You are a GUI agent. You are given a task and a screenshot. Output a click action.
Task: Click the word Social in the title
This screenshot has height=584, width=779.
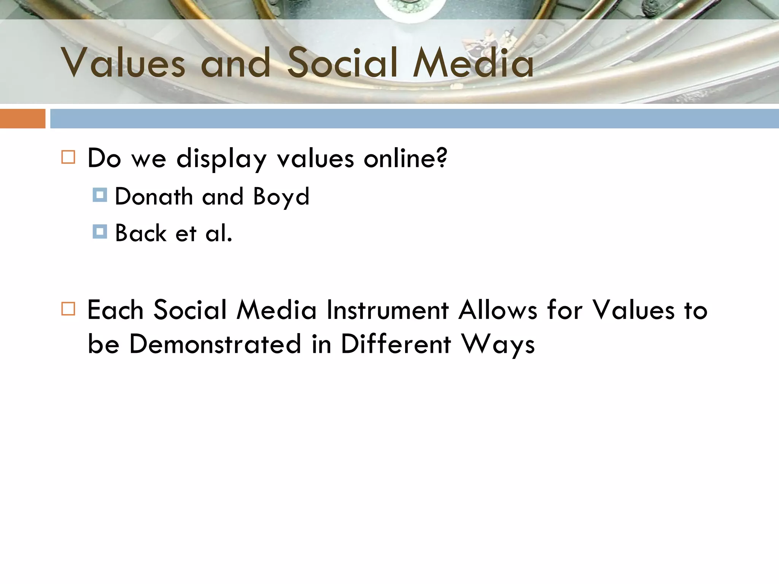pyautogui.click(x=342, y=63)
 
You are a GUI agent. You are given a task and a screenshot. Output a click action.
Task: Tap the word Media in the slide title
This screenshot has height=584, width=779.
pyautogui.click(x=474, y=63)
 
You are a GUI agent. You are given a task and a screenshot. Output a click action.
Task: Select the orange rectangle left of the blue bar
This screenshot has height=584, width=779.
pyautogui.click(x=22, y=119)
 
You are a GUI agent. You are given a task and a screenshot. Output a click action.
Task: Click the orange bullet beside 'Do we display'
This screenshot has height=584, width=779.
pyautogui.click(x=68, y=157)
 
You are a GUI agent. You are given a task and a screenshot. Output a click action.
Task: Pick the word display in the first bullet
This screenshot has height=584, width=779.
pyautogui.click(x=221, y=159)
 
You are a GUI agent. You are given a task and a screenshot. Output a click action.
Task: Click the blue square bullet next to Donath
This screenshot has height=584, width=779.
pyautogui.click(x=100, y=195)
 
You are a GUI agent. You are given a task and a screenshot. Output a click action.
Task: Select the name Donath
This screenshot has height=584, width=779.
pyautogui.click(x=154, y=197)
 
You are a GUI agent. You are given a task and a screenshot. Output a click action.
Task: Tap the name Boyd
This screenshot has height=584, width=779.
pyautogui.click(x=281, y=197)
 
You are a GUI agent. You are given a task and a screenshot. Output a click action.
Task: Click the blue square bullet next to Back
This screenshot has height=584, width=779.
pyautogui.click(x=100, y=232)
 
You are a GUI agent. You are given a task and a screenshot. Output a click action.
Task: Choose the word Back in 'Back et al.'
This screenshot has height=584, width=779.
pyautogui.click(x=141, y=233)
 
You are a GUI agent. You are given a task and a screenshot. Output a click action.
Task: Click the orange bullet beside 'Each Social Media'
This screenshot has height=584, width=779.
pyautogui.click(x=68, y=309)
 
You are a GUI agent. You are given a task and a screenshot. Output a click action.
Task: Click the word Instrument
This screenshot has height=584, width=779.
pyautogui.click(x=388, y=310)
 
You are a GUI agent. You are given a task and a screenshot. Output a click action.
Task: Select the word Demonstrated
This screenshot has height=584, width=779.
pyautogui.click(x=215, y=344)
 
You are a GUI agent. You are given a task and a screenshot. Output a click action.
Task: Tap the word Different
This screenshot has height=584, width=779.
pyautogui.click(x=396, y=344)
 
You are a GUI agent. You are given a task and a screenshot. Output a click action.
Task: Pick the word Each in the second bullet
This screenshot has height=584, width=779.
pyautogui.click(x=115, y=310)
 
